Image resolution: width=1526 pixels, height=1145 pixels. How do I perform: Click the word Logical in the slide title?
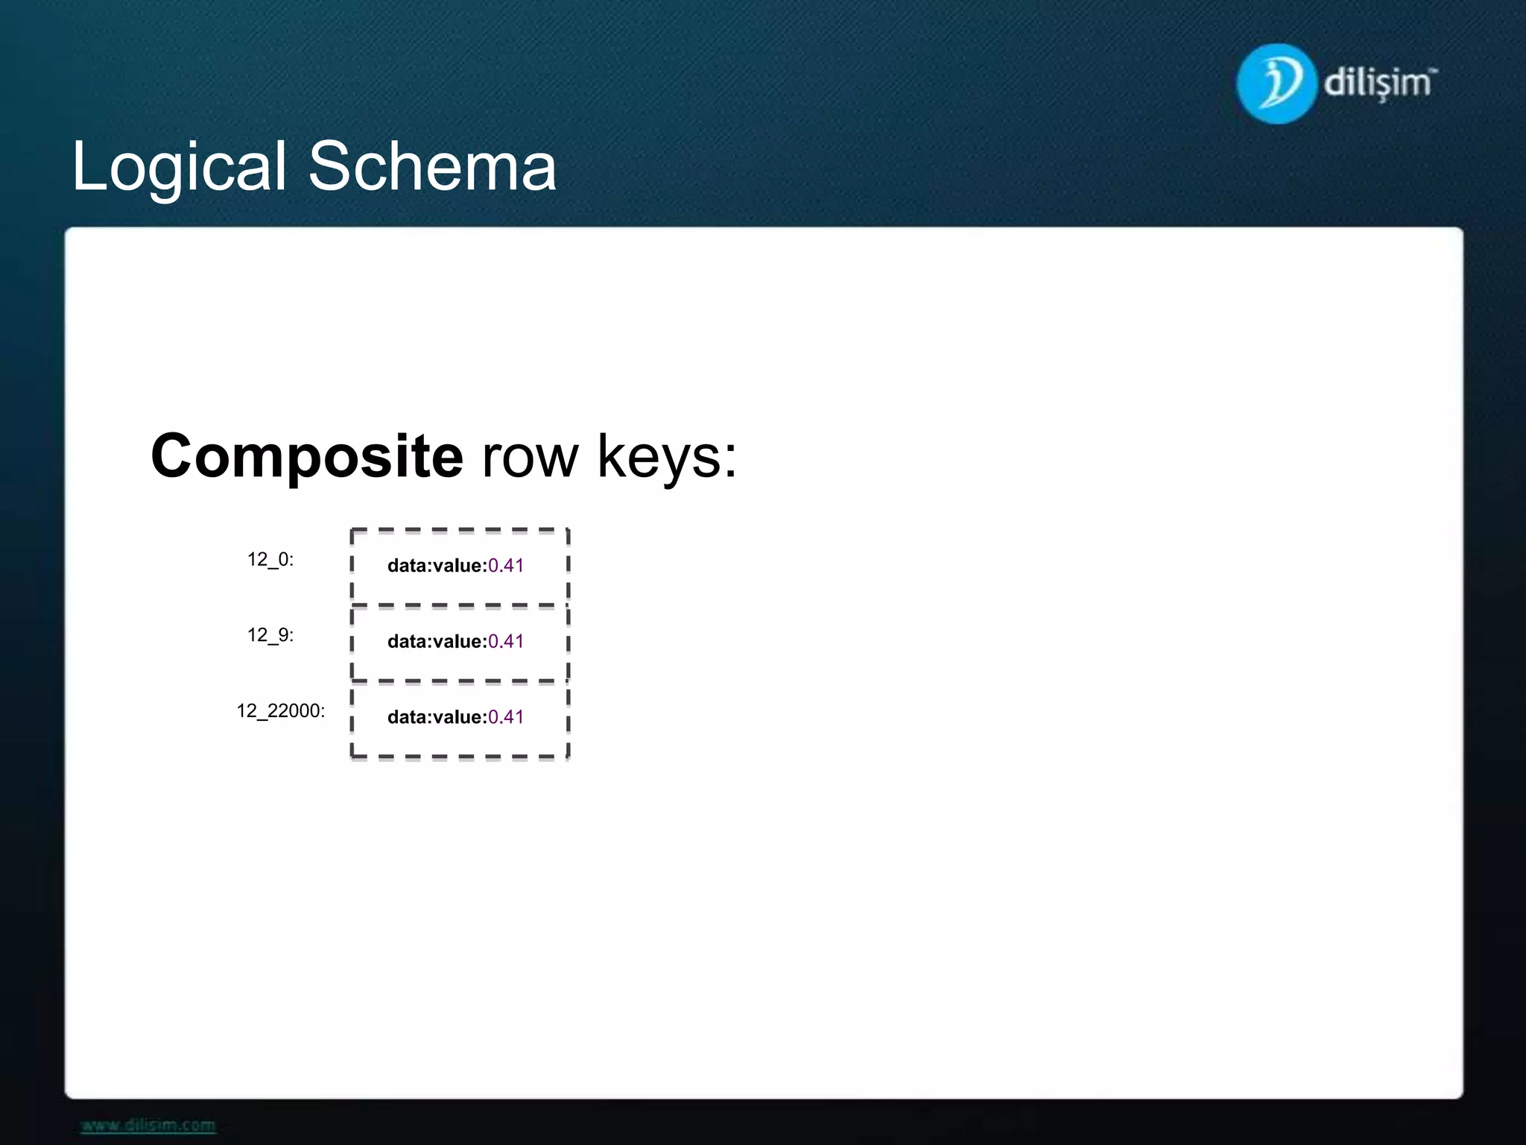tap(179, 167)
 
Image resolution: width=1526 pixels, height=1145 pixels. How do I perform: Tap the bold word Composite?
tap(307, 456)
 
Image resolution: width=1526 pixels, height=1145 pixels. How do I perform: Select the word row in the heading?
tap(530, 456)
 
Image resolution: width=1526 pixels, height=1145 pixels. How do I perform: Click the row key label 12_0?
tap(270, 560)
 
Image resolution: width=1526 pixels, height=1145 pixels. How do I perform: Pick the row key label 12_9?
tap(270, 635)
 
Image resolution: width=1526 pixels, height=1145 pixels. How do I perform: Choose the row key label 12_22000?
tap(281, 711)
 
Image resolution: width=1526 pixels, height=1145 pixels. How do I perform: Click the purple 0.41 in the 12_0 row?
tap(506, 566)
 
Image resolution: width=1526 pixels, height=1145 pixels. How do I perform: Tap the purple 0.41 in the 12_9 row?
tap(506, 642)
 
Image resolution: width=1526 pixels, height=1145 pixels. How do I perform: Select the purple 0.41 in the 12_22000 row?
tap(506, 717)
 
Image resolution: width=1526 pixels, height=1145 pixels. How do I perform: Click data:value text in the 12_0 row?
tap(437, 566)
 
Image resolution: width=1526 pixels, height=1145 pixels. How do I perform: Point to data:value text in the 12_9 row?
tap(437, 642)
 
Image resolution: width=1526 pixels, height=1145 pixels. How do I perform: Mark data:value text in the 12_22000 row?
tap(437, 717)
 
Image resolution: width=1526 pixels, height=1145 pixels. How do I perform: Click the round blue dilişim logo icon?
tap(1276, 83)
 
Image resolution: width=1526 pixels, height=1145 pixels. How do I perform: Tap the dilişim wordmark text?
tap(1378, 82)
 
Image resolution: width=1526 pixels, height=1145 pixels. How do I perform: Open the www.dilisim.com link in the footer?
tap(148, 1126)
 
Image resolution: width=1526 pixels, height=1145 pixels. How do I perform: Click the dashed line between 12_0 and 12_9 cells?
tap(460, 605)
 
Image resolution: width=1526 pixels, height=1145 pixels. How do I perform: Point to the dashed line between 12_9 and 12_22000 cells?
tap(460, 681)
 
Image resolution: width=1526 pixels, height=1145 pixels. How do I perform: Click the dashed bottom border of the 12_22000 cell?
tap(460, 757)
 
